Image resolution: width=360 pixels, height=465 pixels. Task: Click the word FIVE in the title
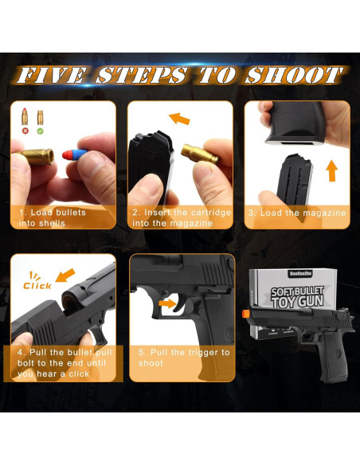point(51,76)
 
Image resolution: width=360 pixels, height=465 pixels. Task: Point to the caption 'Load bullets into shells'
point(53,218)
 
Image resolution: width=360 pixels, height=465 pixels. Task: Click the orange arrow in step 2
point(180,119)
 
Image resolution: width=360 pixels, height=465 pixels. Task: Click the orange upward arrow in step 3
point(332,170)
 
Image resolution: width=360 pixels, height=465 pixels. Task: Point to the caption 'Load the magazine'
point(296,213)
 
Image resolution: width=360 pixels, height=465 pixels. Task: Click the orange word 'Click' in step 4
point(37,284)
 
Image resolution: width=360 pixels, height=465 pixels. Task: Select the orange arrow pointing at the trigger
point(166,303)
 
